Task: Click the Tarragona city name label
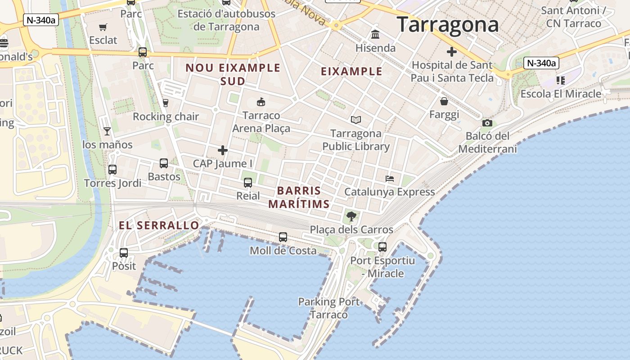point(448,24)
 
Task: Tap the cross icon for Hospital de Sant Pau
point(452,52)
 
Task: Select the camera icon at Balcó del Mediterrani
point(487,123)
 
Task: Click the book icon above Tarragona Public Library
point(356,120)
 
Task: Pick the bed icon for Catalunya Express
point(390,179)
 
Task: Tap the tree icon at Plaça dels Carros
point(351,216)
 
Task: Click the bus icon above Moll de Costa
point(283,237)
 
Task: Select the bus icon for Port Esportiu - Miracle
point(382,247)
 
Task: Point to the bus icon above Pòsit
point(124,252)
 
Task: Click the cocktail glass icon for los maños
point(107,131)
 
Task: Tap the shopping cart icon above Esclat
point(103,27)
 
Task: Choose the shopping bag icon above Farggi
point(444,101)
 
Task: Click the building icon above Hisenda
point(375,34)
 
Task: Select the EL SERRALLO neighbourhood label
point(159,225)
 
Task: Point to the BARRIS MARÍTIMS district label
point(299,197)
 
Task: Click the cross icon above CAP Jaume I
point(223,150)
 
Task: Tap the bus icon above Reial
point(248,182)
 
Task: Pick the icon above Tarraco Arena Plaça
point(261,102)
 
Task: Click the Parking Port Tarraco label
point(329,308)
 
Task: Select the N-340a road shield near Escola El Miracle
point(542,63)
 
